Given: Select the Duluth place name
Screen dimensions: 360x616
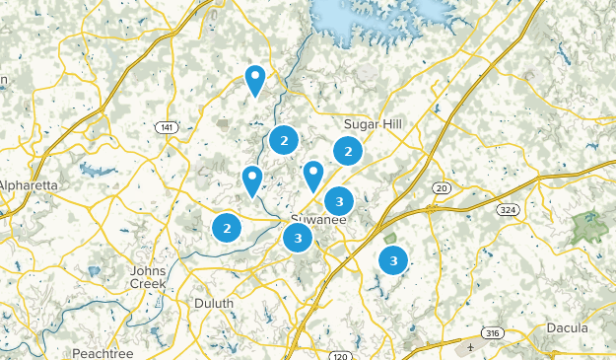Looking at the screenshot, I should click(x=214, y=303).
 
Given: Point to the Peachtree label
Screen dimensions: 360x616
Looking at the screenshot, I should click(x=101, y=352).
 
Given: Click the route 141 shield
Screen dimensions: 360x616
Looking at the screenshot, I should click(x=166, y=127).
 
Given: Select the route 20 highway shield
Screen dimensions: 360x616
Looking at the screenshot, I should click(x=441, y=187).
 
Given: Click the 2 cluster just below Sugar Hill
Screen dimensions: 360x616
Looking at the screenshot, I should click(x=347, y=151).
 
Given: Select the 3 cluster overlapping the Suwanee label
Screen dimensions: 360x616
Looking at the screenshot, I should click(x=298, y=238).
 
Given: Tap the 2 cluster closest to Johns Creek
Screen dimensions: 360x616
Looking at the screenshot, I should click(x=227, y=228).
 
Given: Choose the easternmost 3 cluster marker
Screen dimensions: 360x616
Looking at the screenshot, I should click(x=393, y=260).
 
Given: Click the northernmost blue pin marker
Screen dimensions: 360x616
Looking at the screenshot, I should click(x=255, y=79).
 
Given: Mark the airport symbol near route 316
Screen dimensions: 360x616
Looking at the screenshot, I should click(x=471, y=347).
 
